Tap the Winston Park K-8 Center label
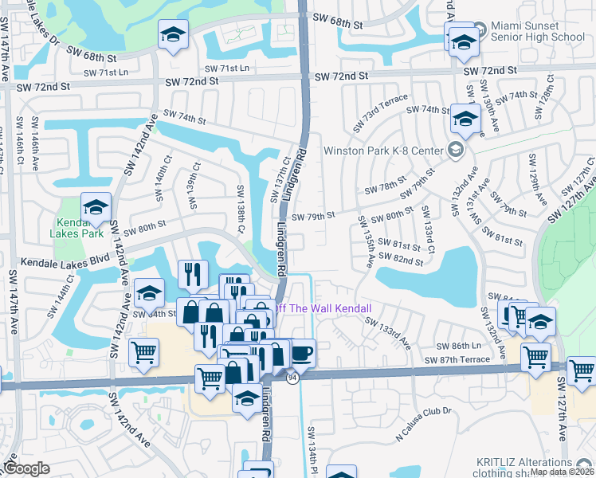click(x=383, y=150)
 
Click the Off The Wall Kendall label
click(x=323, y=308)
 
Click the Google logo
click(x=26, y=468)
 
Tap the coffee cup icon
click(x=302, y=351)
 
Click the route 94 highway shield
click(x=292, y=378)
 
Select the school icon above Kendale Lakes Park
click(x=96, y=207)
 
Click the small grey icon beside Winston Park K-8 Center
click(x=454, y=150)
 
